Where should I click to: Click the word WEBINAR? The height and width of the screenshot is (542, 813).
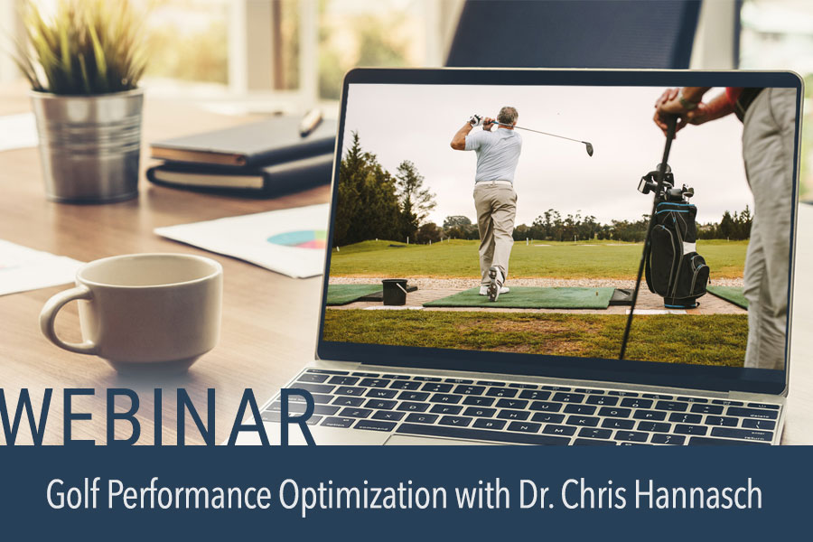click(157, 417)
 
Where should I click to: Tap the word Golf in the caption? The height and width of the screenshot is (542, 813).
click(69, 496)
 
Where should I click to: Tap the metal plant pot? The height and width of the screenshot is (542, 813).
click(87, 144)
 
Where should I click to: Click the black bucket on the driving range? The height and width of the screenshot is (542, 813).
click(394, 292)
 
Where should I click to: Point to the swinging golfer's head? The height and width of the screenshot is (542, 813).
click(509, 117)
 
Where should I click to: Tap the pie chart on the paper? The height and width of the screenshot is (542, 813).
click(299, 239)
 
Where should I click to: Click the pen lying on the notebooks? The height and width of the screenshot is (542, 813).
click(311, 123)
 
